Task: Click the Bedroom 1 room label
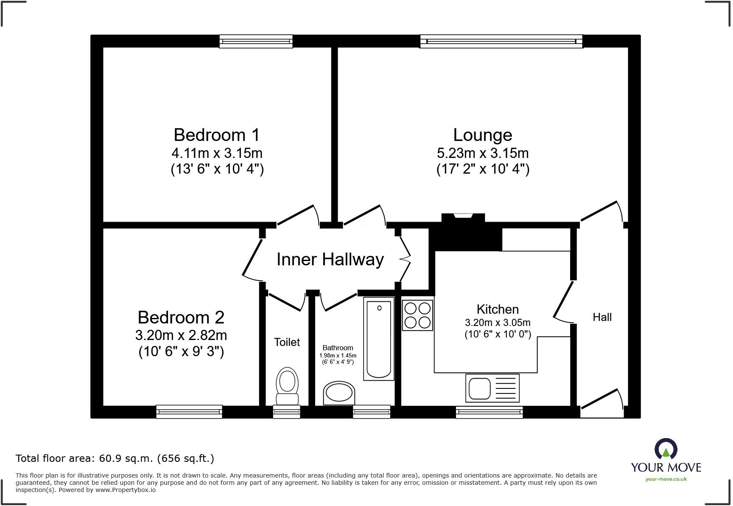(216, 135)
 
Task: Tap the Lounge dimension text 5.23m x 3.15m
(482, 153)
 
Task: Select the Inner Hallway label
(330, 259)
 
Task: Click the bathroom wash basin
(339, 393)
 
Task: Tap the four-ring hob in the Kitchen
(417, 315)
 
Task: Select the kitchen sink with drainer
(492, 388)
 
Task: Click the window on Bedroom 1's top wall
(256, 41)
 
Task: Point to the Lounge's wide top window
(501, 41)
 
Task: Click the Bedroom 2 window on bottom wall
(189, 411)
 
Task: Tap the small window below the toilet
(286, 411)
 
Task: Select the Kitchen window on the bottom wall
(489, 412)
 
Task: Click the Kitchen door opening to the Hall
(563, 301)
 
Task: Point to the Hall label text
(602, 317)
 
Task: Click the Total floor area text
(115, 458)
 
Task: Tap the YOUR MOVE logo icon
(666, 449)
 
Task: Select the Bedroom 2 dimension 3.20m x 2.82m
(181, 335)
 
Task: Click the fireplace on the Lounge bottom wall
(463, 218)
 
